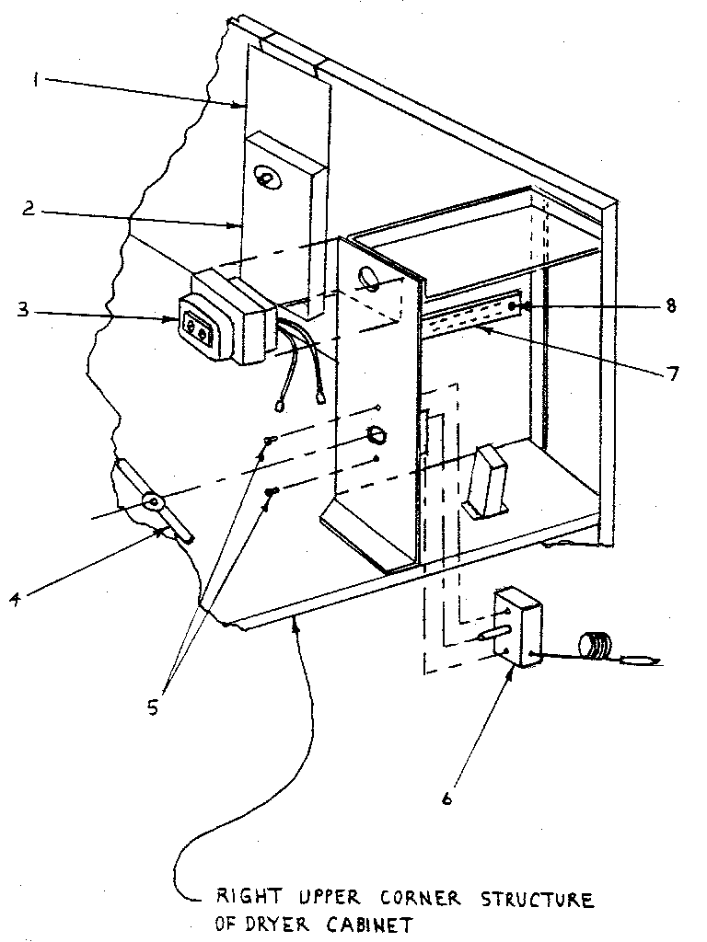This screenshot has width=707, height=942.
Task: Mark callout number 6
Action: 447,798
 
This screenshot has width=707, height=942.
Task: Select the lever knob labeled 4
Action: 153,503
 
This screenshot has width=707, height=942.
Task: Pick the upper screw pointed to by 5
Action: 268,440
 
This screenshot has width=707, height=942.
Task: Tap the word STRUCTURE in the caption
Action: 539,898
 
